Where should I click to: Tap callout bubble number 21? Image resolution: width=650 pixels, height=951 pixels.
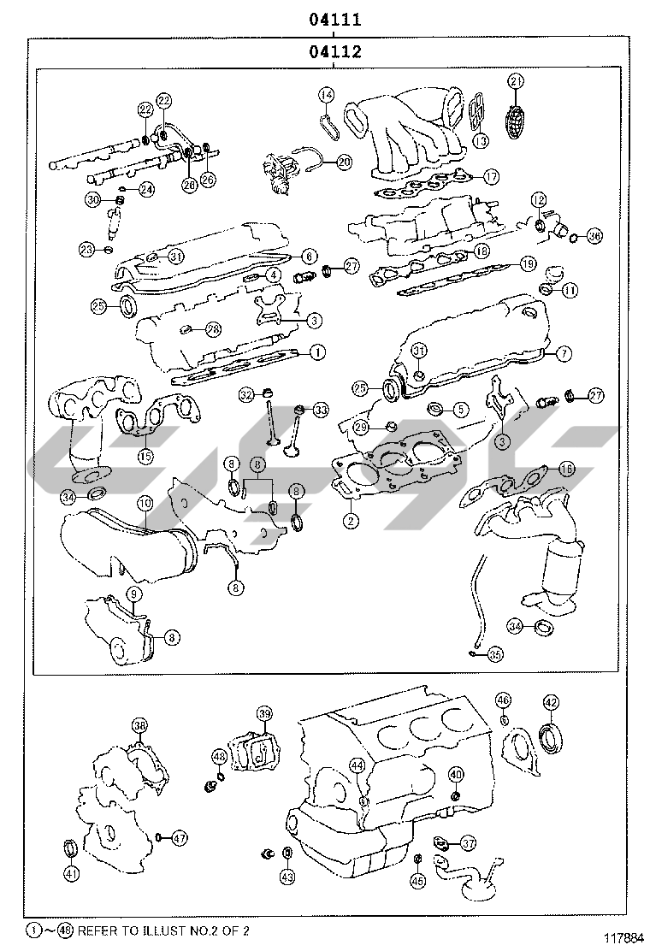(x=515, y=82)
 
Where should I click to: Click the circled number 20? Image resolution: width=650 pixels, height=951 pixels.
(x=344, y=161)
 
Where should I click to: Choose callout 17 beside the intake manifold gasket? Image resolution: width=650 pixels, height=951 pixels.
(x=490, y=177)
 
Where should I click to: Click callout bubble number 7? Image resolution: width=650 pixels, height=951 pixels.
(x=563, y=353)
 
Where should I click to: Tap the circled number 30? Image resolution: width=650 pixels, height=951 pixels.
(x=93, y=199)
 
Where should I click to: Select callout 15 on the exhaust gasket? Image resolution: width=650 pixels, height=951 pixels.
(x=145, y=456)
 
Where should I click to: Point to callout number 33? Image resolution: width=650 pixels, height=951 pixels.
(x=320, y=411)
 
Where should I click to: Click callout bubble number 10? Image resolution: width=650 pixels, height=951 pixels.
(x=145, y=504)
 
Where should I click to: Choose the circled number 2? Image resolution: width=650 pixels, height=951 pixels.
(x=350, y=519)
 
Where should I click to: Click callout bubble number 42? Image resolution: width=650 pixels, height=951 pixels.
(x=551, y=703)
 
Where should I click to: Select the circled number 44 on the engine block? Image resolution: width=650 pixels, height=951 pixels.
(x=357, y=765)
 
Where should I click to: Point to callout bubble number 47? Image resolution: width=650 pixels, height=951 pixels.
(x=179, y=838)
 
